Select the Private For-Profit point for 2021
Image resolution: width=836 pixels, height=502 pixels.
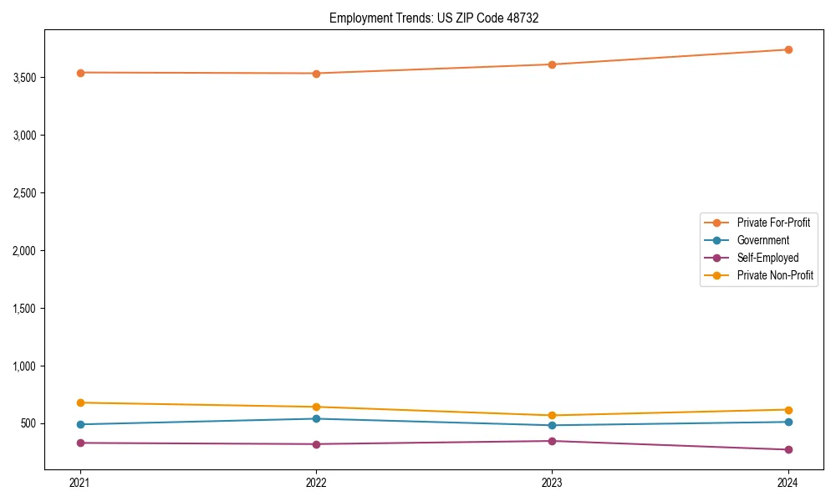(x=80, y=73)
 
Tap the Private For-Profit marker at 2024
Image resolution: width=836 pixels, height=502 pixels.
(x=788, y=49)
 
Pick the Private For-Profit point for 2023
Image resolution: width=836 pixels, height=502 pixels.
(x=552, y=64)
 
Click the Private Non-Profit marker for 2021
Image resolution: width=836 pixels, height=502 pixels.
(x=80, y=402)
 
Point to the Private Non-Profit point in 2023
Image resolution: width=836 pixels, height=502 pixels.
(x=552, y=415)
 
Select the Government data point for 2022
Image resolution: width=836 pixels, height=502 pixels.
(x=316, y=418)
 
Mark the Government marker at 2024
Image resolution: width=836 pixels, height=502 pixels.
(x=788, y=422)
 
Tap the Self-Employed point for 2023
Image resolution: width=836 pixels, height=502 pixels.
(x=552, y=441)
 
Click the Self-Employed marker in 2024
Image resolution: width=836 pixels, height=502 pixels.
(x=788, y=449)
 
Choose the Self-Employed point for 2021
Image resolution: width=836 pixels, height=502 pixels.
(x=80, y=443)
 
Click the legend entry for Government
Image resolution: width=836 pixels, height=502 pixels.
(x=762, y=240)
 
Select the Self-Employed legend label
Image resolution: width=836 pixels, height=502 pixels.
(x=767, y=258)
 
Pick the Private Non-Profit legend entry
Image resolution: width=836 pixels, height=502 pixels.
(x=775, y=275)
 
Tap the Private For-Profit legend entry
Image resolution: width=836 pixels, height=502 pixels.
(x=773, y=223)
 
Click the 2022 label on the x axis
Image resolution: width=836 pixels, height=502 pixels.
(x=316, y=482)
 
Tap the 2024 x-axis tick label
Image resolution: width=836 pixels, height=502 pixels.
(x=788, y=482)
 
